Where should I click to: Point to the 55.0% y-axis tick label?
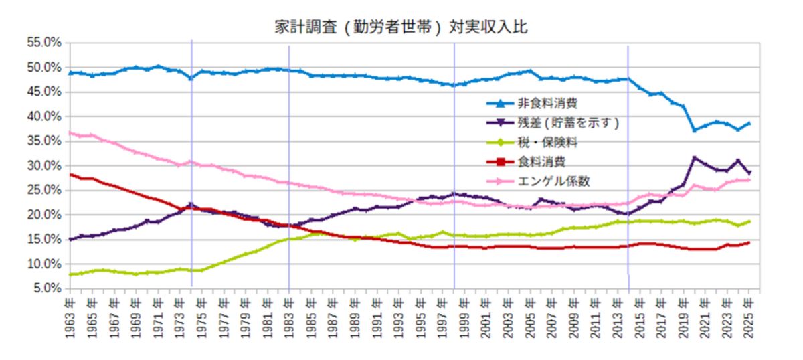43,42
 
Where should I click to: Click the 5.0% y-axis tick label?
46,288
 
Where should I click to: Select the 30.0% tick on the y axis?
43,165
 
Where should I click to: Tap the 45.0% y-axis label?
43,92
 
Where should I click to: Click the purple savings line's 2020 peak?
695,158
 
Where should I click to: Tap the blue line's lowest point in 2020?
695,130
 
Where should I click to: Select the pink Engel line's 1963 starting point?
70,132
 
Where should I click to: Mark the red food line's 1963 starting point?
70,175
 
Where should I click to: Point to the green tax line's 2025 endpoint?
749,221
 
